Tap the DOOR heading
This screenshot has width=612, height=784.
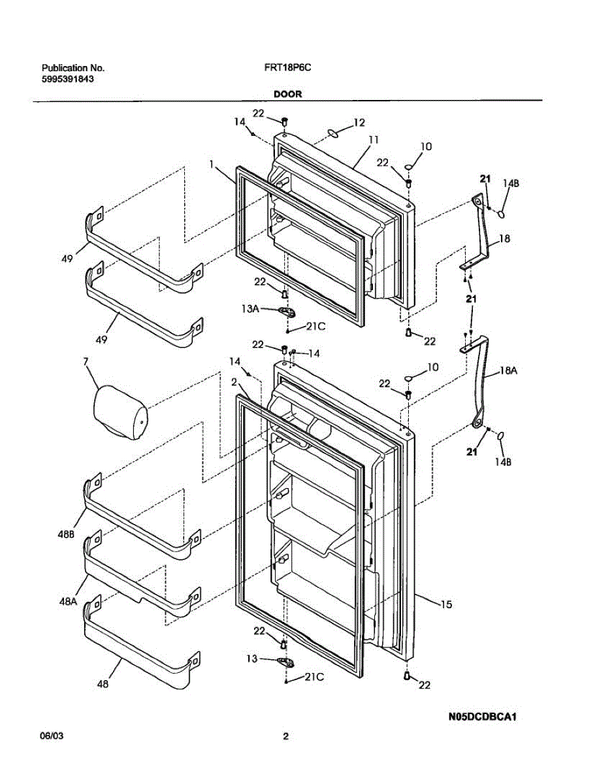pos(287,94)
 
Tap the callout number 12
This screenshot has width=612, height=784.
pos(359,122)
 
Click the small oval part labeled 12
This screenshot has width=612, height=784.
pos(332,133)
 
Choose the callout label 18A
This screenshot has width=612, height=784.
pos(509,370)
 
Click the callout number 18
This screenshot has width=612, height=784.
pos(504,239)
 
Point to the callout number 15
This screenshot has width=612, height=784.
pos(445,605)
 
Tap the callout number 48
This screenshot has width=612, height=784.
pos(103,685)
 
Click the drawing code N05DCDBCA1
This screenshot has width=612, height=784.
pos(482,717)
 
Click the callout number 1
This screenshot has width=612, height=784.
pos(212,167)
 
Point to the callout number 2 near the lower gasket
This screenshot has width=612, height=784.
pos(234,381)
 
